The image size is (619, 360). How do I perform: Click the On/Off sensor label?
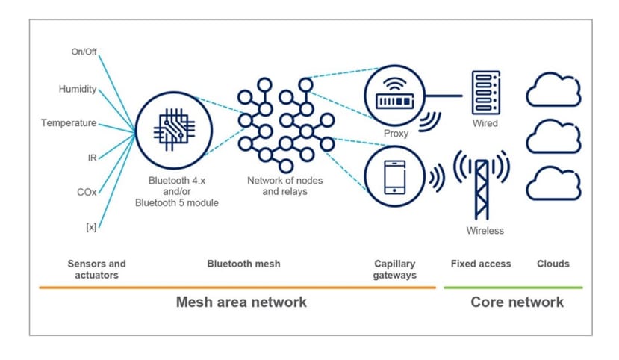point(84,52)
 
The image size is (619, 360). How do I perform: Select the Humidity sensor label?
point(78,89)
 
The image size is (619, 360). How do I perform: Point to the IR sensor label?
point(92,158)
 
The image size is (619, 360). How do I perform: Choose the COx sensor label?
point(87,192)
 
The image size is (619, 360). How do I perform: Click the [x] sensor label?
point(91,226)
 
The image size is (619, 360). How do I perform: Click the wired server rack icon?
point(485,92)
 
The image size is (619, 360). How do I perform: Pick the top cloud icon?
point(553,90)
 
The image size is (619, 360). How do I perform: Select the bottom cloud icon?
point(553,184)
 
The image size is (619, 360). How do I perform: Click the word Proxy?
point(396,134)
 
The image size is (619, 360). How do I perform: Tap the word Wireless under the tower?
point(485,231)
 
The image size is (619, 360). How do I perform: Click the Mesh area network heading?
point(241,302)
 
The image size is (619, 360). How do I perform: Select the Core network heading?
point(517,302)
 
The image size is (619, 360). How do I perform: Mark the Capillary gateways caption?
point(394,270)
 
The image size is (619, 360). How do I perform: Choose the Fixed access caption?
point(481,264)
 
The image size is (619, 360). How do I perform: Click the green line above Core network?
point(513,287)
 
